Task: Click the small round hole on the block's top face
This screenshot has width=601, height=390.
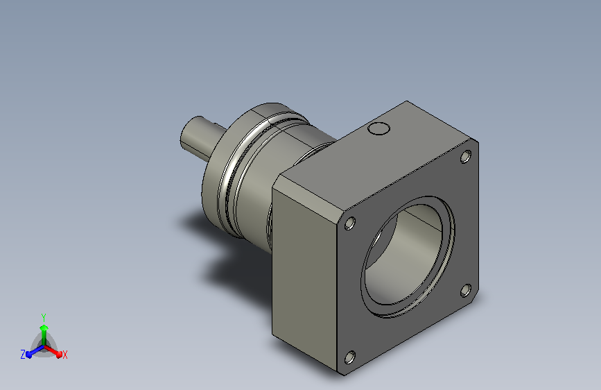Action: click(378, 128)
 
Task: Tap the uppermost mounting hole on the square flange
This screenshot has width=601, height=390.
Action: click(466, 157)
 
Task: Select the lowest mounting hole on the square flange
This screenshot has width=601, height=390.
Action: click(350, 357)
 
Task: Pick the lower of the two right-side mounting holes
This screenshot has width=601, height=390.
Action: click(466, 291)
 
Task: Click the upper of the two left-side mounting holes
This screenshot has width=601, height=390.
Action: click(350, 223)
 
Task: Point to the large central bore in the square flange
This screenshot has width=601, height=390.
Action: click(408, 257)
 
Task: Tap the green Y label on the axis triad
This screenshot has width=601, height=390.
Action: click(44, 317)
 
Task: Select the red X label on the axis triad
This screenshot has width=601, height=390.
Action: click(64, 355)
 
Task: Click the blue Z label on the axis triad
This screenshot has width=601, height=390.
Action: click(23, 355)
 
